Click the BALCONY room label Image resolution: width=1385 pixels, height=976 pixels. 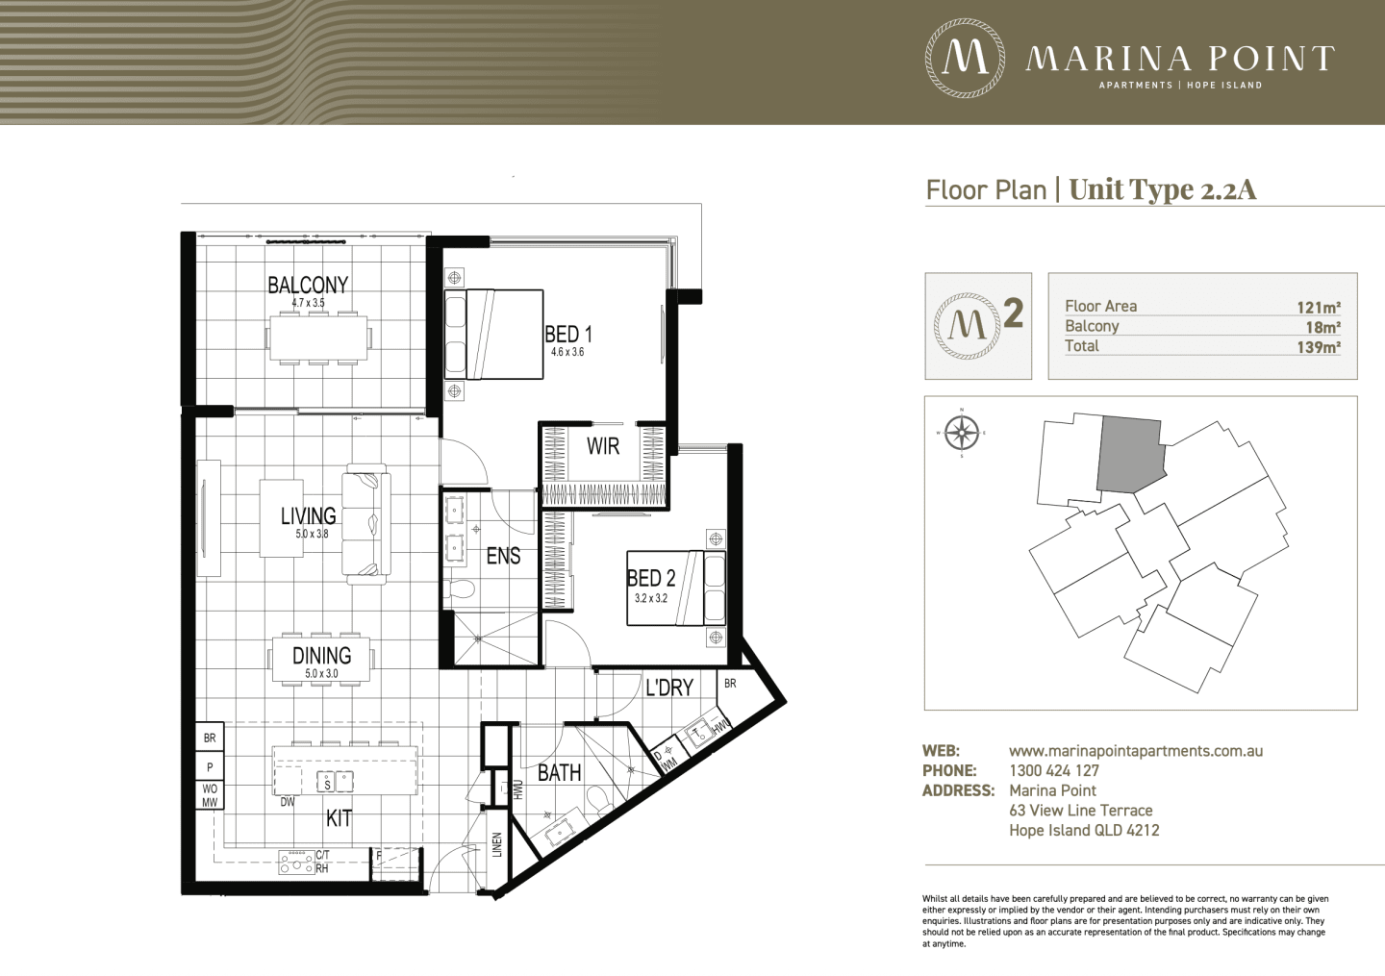click(x=308, y=285)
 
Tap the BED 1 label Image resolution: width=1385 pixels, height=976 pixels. click(x=568, y=335)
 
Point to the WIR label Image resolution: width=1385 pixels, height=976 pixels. click(x=603, y=445)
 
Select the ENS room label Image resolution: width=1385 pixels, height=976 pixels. click(x=503, y=556)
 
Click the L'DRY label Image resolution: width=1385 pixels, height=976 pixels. click(x=669, y=688)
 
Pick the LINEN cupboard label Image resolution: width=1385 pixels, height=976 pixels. click(x=497, y=844)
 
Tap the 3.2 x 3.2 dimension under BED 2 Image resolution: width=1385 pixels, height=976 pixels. click(x=651, y=598)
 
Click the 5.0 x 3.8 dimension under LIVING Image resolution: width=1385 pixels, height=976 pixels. click(x=313, y=534)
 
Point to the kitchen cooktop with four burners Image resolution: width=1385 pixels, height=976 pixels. click(x=297, y=862)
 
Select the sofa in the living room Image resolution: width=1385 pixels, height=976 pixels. click(x=366, y=524)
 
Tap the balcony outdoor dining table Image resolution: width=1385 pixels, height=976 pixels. click(x=319, y=338)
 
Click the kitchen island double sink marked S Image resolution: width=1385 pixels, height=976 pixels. click(x=336, y=782)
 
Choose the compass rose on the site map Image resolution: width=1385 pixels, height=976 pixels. click(x=962, y=433)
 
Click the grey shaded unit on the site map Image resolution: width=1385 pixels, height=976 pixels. click(x=1131, y=454)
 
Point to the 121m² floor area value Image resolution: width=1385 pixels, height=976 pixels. click(x=1319, y=307)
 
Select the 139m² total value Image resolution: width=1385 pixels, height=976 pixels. click(x=1319, y=347)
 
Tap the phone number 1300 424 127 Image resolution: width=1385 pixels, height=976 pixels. click(x=1054, y=771)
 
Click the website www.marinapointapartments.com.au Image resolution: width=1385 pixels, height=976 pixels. click(x=1136, y=751)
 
